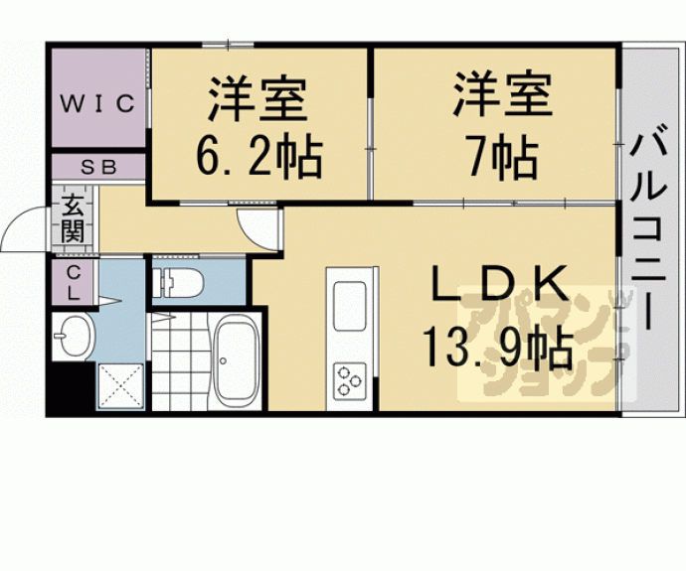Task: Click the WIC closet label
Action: click(x=98, y=103)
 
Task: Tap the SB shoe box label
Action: click(x=98, y=168)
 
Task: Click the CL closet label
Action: click(x=74, y=282)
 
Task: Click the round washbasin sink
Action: click(x=73, y=338)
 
